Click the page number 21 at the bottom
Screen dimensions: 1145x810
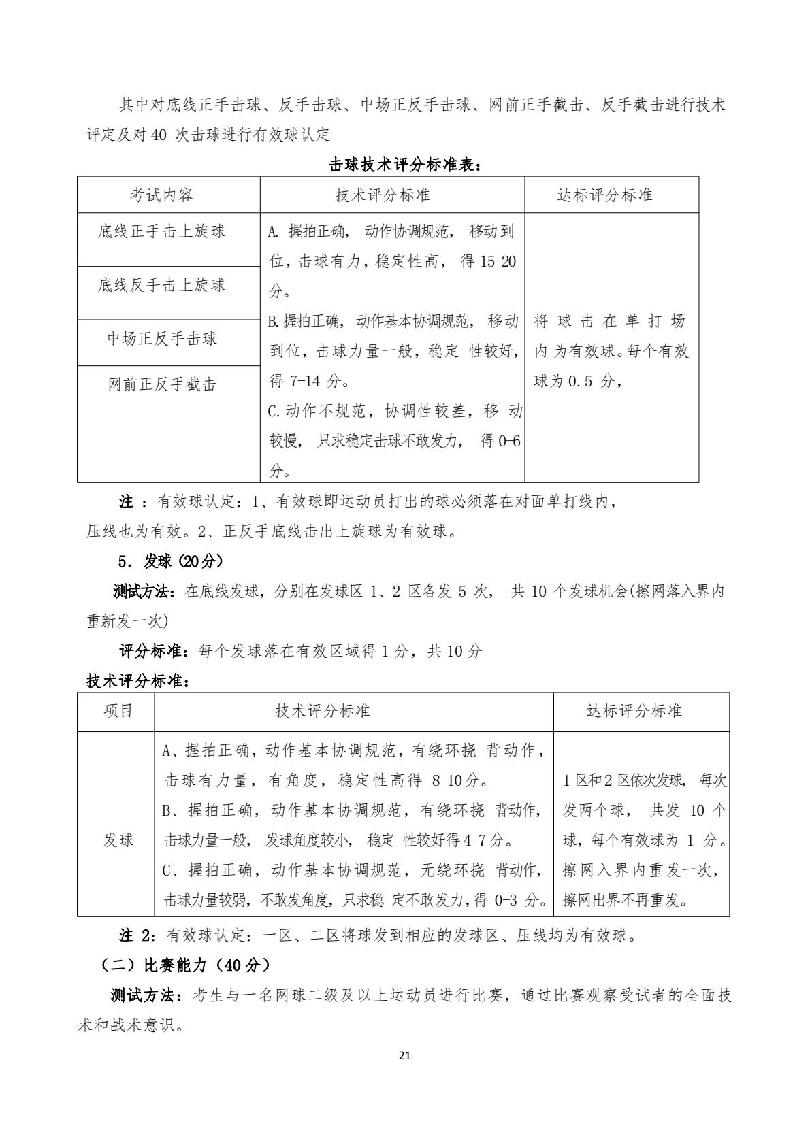tap(405, 1056)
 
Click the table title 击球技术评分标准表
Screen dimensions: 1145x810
tap(405, 165)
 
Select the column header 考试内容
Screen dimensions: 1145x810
tap(162, 195)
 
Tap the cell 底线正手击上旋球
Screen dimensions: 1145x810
tap(162, 231)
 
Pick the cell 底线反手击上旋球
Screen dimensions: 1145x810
tap(162, 284)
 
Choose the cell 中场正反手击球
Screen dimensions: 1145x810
tap(162, 338)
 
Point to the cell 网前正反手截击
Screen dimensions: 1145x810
tap(162, 384)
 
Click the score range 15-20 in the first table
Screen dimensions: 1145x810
tap(498, 261)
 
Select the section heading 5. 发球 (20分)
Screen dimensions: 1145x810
tap(171, 561)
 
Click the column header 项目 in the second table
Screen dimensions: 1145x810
tap(118, 711)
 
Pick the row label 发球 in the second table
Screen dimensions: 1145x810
tap(118, 840)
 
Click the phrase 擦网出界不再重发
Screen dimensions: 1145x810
tap(625, 901)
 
